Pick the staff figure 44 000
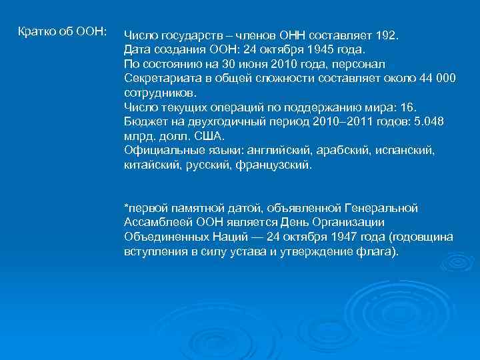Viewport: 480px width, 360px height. (437, 79)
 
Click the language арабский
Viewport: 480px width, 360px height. (348, 152)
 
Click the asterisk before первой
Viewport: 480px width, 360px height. (126, 207)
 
